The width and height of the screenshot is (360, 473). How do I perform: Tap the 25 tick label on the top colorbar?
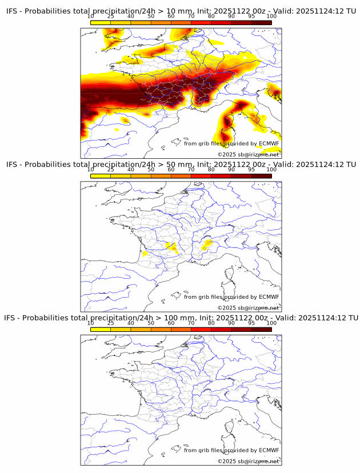pos(111,17)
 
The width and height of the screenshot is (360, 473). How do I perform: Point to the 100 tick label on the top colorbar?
pos(271,17)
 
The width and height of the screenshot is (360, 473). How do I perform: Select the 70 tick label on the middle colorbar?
pos(191,170)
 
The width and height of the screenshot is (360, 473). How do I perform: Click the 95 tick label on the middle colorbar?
pos(251,170)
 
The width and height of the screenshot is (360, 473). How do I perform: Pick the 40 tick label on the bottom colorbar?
pos(131,323)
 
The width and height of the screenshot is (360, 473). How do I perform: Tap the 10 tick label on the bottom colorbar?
pos(91,323)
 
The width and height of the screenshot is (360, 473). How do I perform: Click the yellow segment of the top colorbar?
pos(101,22)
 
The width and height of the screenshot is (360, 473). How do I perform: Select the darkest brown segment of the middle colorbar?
pos(261,175)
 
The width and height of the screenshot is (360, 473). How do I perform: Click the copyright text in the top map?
pos(249,154)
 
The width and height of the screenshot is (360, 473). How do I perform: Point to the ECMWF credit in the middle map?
pos(231,297)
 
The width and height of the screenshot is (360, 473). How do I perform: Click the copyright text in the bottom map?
pos(249,460)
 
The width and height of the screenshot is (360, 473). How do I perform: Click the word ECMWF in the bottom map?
pos(269,450)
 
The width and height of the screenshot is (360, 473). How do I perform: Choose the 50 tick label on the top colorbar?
pos(151,17)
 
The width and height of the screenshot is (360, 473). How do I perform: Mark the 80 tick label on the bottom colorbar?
pos(211,323)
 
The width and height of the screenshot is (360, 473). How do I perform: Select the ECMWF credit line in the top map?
pos(231,143)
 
